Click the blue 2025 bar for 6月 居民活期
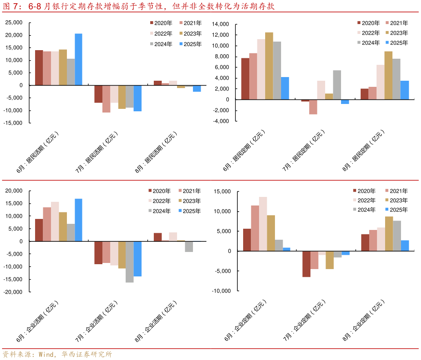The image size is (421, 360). tap(78, 60)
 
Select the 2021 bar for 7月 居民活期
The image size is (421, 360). tap(106, 99)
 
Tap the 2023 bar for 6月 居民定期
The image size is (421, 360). tap(269, 66)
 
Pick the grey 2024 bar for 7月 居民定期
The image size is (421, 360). tap(337, 85)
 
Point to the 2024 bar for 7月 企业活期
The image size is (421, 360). tap(129, 262)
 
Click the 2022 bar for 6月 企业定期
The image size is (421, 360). tap(263, 224)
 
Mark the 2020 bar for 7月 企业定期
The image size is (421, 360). tap(306, 264)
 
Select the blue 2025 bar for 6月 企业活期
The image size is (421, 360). tap(78, 220)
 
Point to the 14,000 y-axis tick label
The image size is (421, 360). tap(221, 24)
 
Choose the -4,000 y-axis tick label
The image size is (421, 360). tap(221, 121)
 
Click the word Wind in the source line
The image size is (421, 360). tap(46, 354)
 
